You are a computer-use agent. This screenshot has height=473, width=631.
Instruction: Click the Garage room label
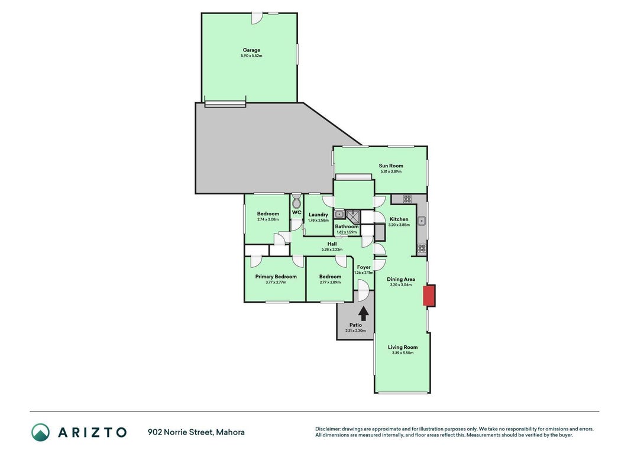[x=251, y=50]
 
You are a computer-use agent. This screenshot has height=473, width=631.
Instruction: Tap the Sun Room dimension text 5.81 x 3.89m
[x=391, y=171]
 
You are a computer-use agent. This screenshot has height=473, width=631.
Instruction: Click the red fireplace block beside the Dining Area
[x=429, y=296]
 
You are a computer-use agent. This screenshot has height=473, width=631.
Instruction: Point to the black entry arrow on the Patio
[x=363, y=314]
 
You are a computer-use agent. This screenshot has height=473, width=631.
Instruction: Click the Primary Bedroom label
[x=276, y=277]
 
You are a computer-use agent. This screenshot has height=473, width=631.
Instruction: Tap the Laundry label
[x=318, y=215]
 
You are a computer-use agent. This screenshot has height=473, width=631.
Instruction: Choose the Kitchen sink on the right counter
[x=421, y=221]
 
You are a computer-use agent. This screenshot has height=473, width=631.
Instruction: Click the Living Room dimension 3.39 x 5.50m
[x=402, y=353]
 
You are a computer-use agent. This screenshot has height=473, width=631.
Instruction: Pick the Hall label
[x=332, y=244]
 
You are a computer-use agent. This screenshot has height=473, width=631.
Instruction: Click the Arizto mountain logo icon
[x=41, y=432]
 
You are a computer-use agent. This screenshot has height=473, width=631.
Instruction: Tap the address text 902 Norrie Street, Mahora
[x=196, y=432]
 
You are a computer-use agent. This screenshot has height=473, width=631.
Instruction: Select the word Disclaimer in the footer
[x=328, y=429]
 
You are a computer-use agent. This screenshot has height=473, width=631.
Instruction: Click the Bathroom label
[x=347, y=226]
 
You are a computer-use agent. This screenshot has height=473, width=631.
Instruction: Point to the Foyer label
[x=364, y=267]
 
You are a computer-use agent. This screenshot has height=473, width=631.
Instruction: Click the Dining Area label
[x=401, y=279]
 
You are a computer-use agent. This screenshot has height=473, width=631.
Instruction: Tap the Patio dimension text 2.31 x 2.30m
[x=356, y=331]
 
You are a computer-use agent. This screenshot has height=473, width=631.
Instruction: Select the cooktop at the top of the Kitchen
[x=407, y=199]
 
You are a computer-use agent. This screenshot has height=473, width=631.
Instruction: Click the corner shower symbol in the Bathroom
[x=353, y=216]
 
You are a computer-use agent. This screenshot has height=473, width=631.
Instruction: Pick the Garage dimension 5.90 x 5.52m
[x=251, y=56]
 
